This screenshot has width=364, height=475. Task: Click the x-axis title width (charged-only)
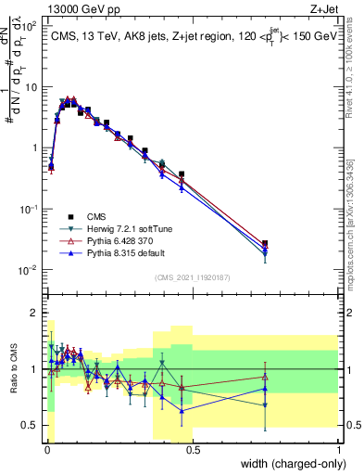[289, 463]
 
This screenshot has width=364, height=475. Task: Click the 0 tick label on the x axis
[46, 450]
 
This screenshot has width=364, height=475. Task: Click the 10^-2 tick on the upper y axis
[28, 270]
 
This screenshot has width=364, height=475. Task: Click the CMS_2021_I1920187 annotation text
[192, 276]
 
